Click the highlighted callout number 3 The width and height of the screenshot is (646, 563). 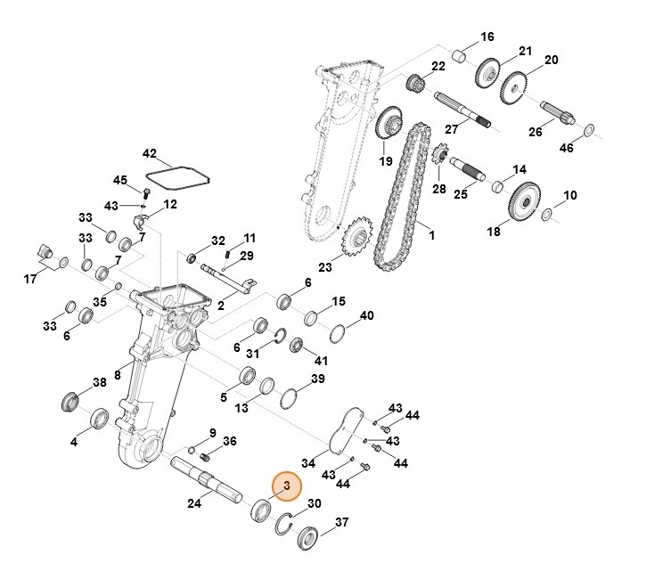[287, 485]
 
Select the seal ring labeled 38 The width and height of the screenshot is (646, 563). [70, 400]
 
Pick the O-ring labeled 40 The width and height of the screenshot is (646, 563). [339, 334]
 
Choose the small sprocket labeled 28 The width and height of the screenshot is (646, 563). [437, 157]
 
